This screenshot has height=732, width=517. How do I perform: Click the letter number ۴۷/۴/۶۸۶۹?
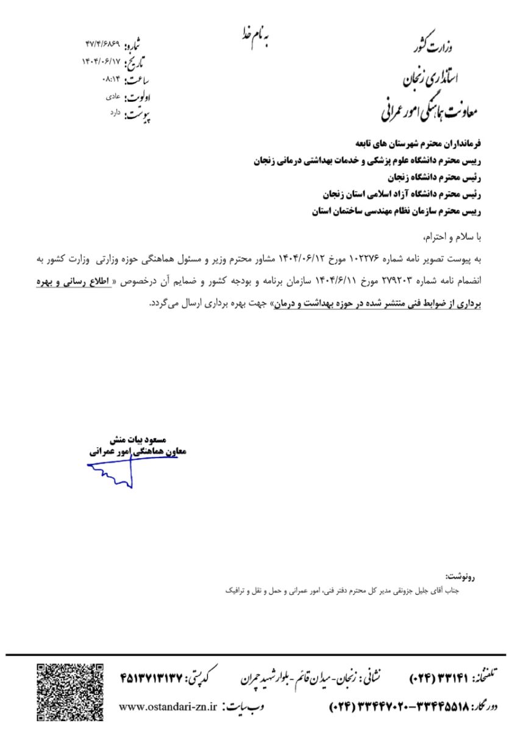pos(103,46)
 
